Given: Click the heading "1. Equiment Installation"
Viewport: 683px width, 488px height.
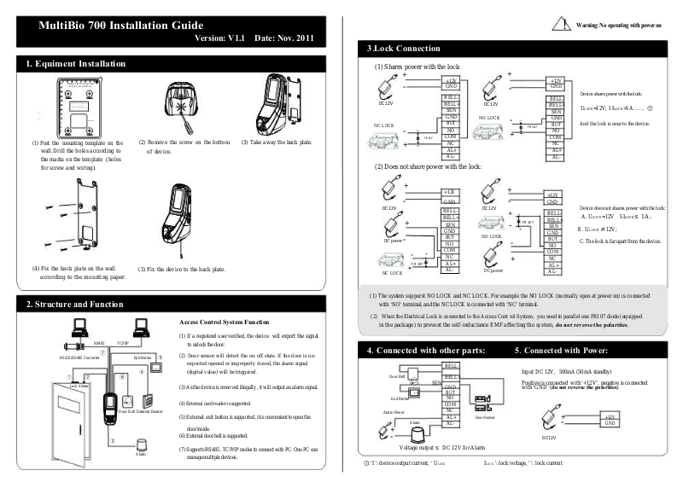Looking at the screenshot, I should pos(76,64).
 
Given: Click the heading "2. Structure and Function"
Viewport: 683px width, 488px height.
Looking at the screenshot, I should pos(79,305).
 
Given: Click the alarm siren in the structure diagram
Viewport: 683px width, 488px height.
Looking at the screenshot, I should pos(140,444).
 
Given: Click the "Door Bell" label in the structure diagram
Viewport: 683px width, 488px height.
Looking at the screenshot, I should pos(127,411).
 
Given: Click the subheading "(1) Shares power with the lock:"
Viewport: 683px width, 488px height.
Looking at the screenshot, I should pos(417,67).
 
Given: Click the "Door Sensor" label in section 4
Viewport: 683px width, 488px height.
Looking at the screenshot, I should pos(485,417).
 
